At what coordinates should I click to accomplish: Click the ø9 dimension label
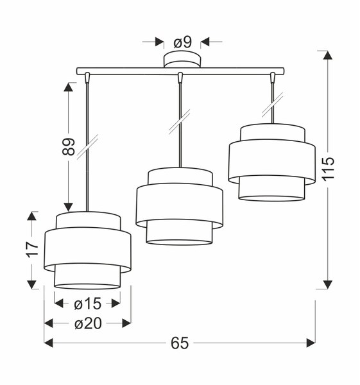coord(183,42)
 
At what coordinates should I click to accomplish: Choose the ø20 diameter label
coord(87,323)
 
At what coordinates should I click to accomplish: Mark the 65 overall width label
coord(180,343)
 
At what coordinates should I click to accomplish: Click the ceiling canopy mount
coord(182,60)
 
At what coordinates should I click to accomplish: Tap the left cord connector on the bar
coord(87,78)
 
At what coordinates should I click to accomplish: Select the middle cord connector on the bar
coord(181,78)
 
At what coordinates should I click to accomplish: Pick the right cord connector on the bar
coord(273,78)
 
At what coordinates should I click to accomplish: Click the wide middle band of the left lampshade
coord(87,247)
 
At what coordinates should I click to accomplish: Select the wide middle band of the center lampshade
coord(179,205)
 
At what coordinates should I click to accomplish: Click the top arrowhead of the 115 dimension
coord(328,56)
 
